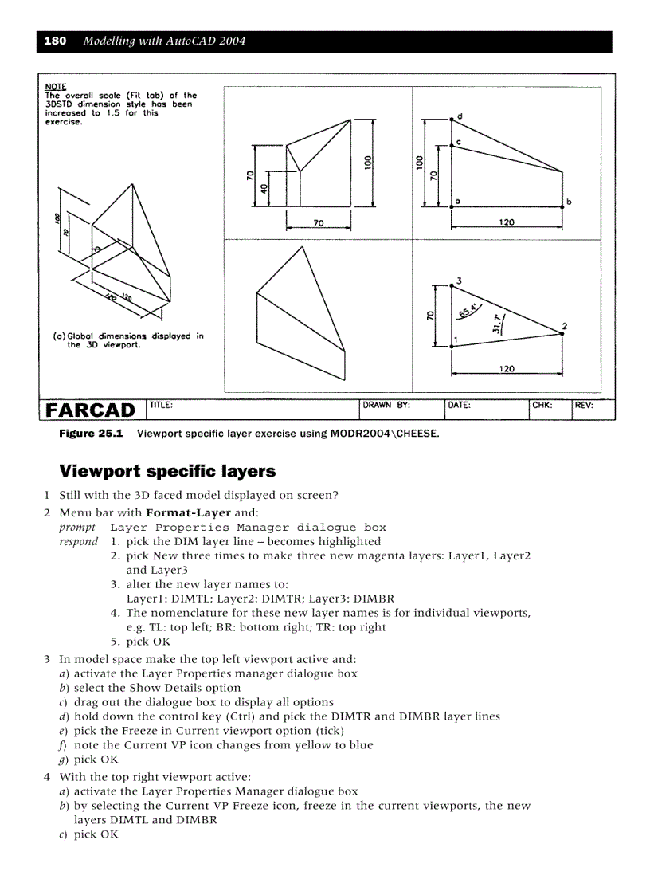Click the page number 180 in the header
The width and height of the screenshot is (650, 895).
point(55,41)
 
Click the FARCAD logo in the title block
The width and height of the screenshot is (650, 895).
point(90,410)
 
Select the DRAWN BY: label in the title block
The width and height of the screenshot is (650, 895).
point(386,405)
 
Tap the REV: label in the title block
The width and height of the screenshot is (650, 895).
point(584,405)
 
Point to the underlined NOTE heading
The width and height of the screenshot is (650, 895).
point(56,86)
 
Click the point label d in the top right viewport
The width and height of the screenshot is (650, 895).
point(460,116)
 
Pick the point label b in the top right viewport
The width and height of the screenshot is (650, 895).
point(568,202)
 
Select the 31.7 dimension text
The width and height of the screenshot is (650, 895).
point(497,324)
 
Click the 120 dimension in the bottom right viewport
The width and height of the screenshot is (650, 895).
point(507,368)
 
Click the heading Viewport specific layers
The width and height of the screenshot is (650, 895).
point(167,471)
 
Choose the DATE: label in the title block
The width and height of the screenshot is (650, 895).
point(460,405)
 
